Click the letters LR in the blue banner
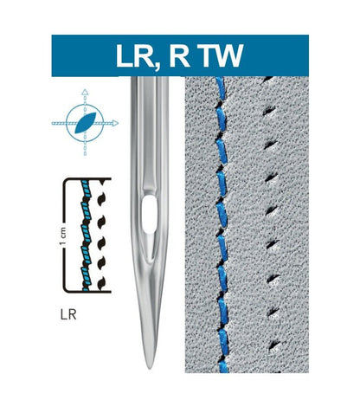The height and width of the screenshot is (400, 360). (x=135, y=55)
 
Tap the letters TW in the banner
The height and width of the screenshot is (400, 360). (x=222, y=55)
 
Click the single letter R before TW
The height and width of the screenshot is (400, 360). (x=180, y=55)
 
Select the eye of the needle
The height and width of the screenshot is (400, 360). (x=150, y=214)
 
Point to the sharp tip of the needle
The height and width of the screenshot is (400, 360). (x=150, y=368)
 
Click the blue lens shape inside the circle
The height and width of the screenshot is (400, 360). (x=85, y=123)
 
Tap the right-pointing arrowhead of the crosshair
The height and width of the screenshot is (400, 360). (x=115, y=123)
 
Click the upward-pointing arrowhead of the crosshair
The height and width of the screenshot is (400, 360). (x=85, y=93)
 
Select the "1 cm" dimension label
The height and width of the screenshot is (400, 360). (x=63, y=236)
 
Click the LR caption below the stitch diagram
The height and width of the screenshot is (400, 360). (x=68, y=314)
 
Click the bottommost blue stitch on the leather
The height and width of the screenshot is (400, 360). (x=223, y=366)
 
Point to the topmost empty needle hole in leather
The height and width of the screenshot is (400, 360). (x=267, y=79)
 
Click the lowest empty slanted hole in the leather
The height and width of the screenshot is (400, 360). (x=274, y=345)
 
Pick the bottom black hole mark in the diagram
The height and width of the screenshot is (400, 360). (x=101, y=283)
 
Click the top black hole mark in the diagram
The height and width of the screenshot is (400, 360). (x=101, y=182)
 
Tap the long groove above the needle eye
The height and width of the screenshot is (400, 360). (x=150, y=136)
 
